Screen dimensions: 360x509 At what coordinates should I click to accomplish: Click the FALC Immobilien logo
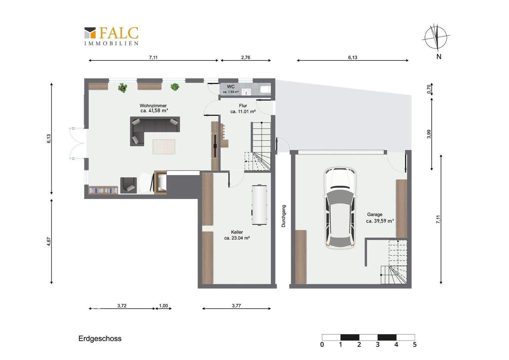click(111, 36)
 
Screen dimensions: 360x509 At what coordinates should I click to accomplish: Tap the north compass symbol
click(437, 37)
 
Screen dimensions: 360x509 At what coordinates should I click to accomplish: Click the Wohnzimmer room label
click(153, 106)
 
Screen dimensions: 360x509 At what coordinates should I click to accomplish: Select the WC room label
click(230, 87)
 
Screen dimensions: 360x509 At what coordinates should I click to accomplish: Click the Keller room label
click(237, 232)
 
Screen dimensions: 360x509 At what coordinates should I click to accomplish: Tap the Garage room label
click(375, 215)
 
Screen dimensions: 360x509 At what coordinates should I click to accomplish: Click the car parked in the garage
click(340, 208)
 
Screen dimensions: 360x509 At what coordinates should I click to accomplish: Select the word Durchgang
click(283, 216)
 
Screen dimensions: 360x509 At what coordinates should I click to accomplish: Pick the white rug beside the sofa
click(164, 147)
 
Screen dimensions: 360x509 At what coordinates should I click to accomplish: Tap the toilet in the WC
click(265, 89)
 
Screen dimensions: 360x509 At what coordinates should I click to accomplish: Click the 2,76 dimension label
click(245, 58)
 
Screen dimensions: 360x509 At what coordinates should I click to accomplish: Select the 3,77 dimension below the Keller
click(236, 306)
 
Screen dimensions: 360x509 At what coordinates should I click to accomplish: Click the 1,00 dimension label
click(163, 306)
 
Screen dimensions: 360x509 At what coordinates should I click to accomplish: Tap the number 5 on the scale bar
click(415, 344)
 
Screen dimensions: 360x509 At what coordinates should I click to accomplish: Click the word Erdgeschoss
click(100, 338)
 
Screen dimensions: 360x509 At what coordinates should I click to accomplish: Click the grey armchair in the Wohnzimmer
click(129, 185)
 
